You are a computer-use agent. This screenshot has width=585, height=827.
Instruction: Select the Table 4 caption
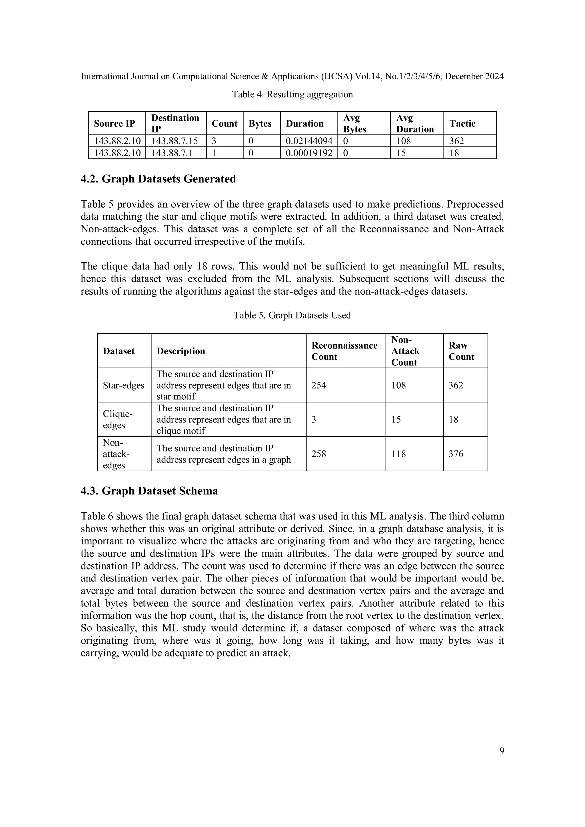[292, 94]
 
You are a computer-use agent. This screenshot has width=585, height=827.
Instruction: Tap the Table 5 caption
[292, 315]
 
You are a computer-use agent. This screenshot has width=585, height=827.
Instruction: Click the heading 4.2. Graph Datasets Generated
[158, 179]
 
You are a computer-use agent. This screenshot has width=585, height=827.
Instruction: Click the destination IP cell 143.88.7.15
[175, 141]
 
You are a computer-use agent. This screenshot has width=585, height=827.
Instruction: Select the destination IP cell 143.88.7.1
[172, 153]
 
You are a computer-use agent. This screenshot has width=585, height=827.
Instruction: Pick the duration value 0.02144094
[309, 141]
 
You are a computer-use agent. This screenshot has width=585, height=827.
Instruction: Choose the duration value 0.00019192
[309, 153]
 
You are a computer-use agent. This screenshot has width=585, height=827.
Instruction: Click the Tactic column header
[462, 124]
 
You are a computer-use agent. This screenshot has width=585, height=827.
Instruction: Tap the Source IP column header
[115, 124]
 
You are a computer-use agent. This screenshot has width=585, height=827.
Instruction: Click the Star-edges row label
[124, 385]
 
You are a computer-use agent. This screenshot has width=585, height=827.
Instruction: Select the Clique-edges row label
[118, 420]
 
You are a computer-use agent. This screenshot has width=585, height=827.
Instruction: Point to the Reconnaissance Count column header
[344, 351]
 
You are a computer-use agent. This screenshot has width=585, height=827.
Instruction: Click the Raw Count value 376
[456, 454]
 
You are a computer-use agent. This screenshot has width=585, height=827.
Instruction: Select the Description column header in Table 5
[181, 351]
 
